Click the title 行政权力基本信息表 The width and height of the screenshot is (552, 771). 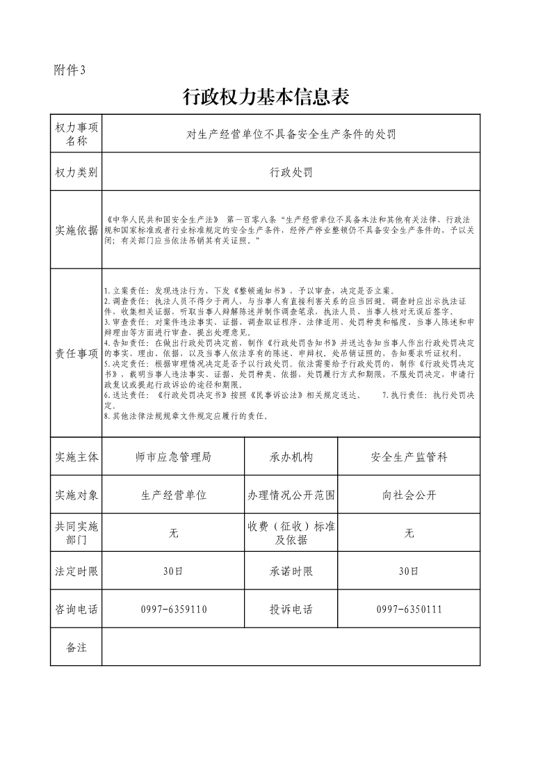tap(265, 97)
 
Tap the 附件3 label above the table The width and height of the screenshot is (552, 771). tap(69, 70)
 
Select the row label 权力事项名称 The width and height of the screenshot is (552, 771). tap(76, 134)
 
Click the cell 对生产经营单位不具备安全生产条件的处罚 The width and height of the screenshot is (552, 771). tap(291, 134)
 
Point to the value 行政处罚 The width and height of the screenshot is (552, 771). tap(291, 173)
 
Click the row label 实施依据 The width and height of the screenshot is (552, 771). tap(76, 230)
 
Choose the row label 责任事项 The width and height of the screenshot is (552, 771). tap(76, 354)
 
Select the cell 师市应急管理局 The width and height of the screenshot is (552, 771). tap(173, 457)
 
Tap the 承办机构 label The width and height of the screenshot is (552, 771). tap(291, 457)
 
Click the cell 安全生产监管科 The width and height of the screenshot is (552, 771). tap(409, 457)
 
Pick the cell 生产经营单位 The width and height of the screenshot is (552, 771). tap(173, 495)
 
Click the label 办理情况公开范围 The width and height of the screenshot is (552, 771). tap(291, 495)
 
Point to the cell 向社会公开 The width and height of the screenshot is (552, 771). tap(409, 495)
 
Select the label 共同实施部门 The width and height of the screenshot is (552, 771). tap(76, 533)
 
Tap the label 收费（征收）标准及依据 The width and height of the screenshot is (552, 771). tap(291, 533)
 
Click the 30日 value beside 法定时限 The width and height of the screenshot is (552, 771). tap(173, 571)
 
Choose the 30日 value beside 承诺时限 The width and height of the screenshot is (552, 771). tap(409, 571)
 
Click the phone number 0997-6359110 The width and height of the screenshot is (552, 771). tap(173, 610)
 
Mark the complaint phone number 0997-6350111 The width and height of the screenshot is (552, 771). tap(409, 610)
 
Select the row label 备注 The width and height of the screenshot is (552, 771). tap(76, 647)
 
